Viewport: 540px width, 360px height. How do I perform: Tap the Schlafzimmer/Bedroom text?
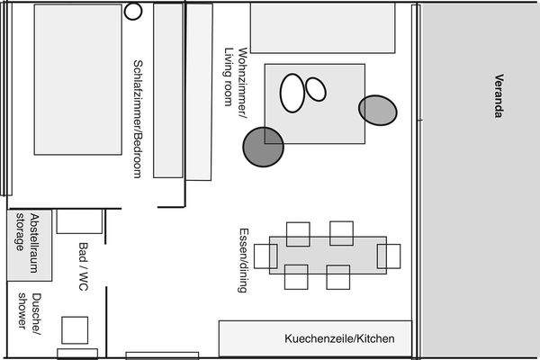138,118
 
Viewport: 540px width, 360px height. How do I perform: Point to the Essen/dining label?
241,259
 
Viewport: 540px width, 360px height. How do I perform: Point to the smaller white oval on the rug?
315,88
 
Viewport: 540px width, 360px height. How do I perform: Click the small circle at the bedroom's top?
134,12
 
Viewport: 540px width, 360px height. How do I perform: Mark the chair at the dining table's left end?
265,256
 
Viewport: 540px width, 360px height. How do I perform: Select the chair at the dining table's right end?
389,256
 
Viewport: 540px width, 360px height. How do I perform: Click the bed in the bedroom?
77,79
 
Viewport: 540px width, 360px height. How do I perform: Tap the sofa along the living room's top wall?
322,28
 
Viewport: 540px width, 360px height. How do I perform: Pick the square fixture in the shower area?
75,329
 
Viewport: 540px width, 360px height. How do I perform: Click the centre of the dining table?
328,255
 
